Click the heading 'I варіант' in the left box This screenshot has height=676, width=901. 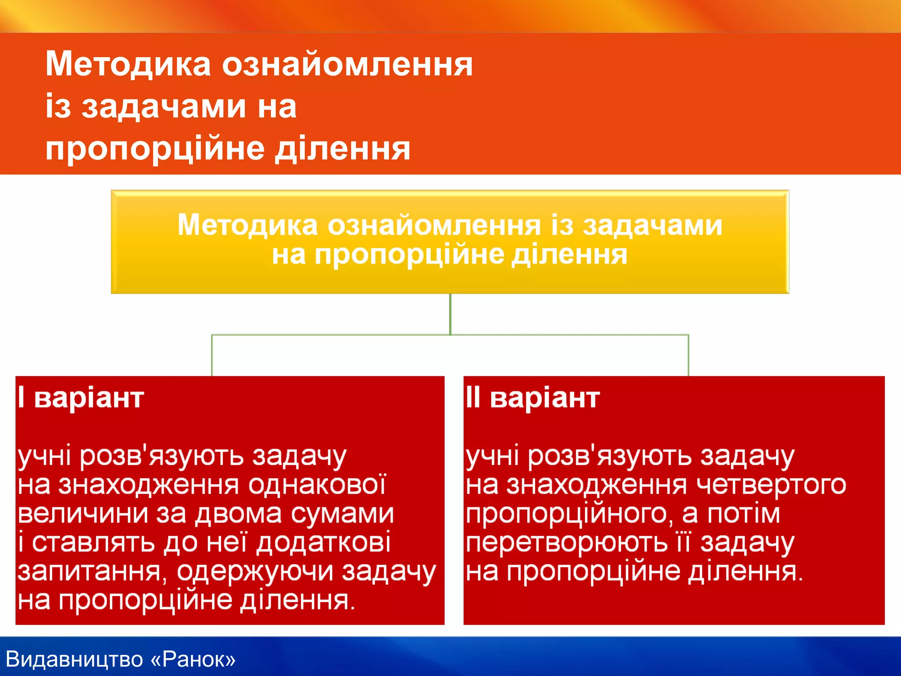pos(81,398)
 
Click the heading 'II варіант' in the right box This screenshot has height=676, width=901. pos(533,398)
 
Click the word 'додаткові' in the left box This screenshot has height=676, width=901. pos(323,543)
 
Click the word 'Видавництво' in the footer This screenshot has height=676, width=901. pos(75,659)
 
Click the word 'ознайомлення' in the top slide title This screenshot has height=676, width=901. pos(347,64)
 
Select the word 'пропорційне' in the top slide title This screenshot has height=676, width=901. pos(155,149)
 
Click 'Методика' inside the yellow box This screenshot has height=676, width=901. pos(247,225)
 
